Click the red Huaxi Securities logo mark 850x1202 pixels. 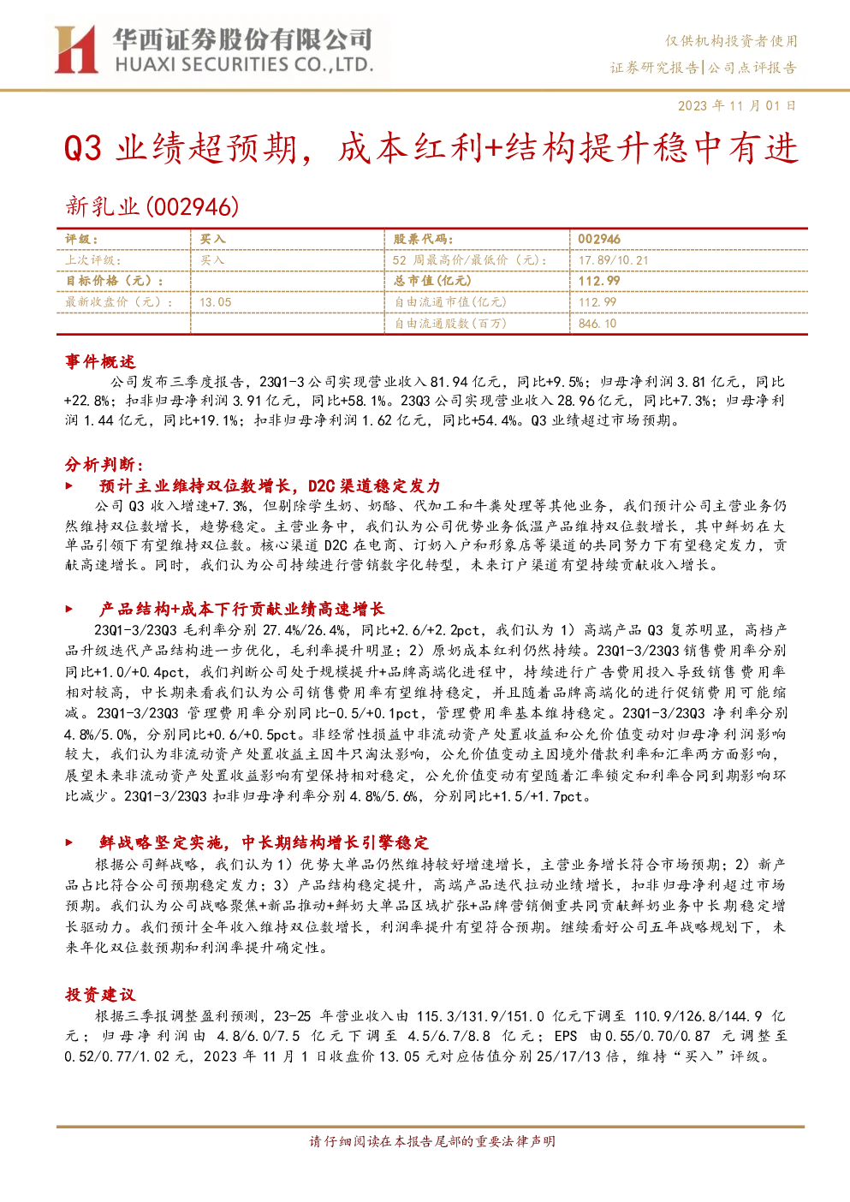point(75,49)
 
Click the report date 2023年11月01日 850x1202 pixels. point(737,105)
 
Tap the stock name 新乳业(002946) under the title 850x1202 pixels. point(152,206)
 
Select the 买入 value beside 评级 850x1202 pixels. point(213,240)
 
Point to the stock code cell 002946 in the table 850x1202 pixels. point(599,240)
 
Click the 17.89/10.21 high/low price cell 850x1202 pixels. point(614,260)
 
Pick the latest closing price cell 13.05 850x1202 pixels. point(216,302)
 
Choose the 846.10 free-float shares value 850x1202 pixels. point(597,324)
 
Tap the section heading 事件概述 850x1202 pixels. point(100,361)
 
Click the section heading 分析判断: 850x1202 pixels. point(104,465)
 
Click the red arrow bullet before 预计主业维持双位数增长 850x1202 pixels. point(69,486)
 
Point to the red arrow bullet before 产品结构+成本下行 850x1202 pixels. point(69,609)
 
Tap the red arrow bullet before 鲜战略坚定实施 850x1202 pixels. point(69,842)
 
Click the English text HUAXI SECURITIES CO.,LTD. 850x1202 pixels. point(244,65)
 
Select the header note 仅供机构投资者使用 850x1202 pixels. point(731,41)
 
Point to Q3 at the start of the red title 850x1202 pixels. point(83,148)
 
